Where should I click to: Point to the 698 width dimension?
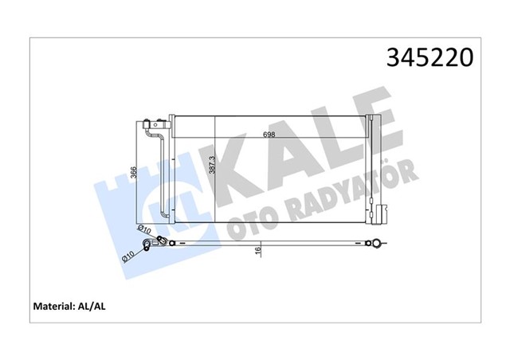(271, 135)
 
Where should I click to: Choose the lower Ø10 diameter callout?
(127, 256)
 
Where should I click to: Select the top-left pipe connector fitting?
(151, 125)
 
